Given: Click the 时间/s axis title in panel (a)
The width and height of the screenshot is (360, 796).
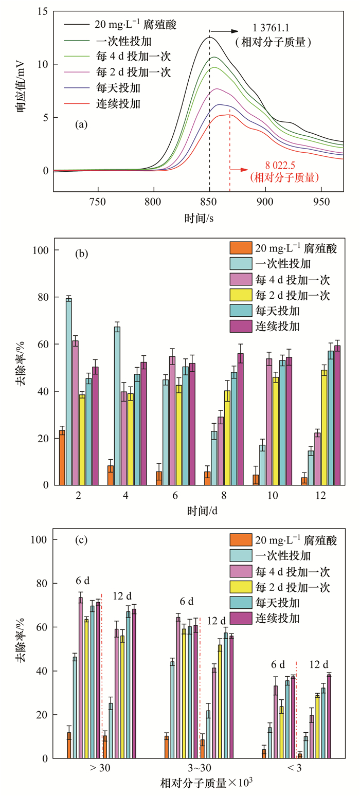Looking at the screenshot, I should pyautogui.click(x=199, y=218).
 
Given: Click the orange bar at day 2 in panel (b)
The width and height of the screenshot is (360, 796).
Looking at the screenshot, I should pyautogui.click(x=62, y=457).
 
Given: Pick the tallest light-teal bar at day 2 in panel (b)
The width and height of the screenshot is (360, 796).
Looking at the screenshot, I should pyautogui.click(x=68, y=391).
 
